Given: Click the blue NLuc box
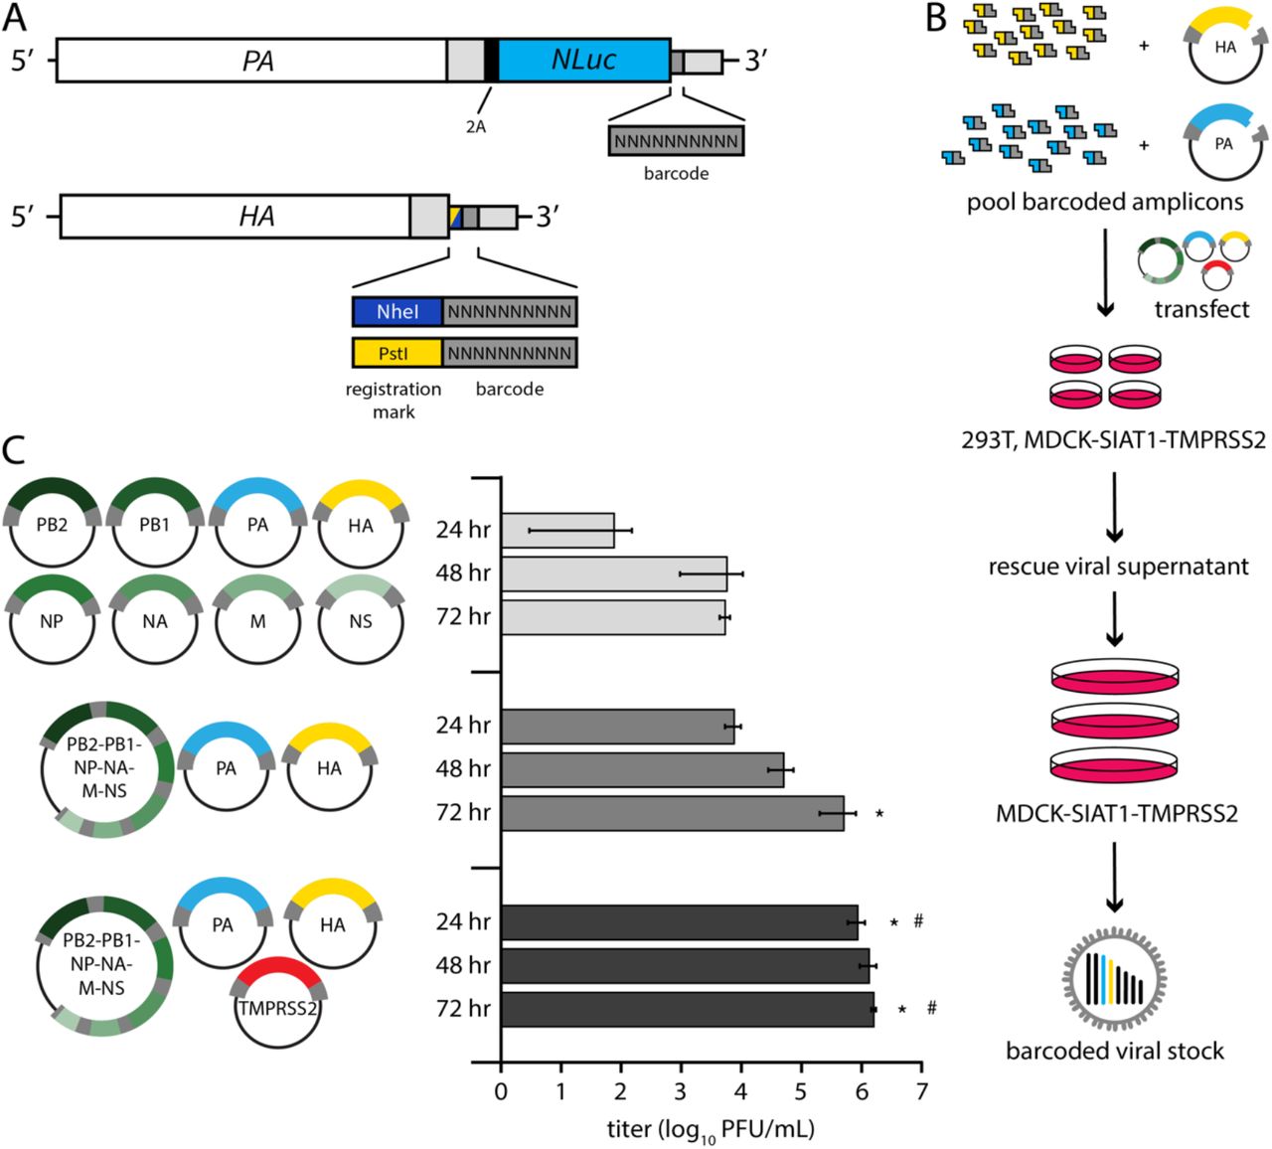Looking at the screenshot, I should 583,61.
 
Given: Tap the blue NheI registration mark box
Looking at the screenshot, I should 397,312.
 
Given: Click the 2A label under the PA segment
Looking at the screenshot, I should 476,127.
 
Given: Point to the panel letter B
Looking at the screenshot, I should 935,19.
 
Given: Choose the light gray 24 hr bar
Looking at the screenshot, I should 557,530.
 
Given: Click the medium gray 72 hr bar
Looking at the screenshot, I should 672,813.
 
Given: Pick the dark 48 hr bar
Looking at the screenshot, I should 685,965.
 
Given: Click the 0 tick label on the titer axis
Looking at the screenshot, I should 501,1091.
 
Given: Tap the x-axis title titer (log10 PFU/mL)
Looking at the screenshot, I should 711,1129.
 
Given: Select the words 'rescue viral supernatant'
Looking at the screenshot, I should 1118,568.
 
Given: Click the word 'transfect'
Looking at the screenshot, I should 1201,309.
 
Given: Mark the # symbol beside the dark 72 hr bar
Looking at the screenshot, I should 931,1008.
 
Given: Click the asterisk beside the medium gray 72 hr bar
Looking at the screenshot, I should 879,813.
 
